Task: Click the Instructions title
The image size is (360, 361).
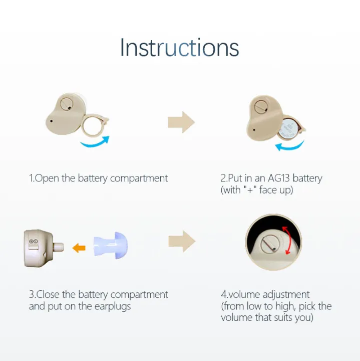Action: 179,48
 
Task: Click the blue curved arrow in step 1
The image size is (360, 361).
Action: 95,142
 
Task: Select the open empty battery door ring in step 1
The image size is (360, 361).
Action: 94,125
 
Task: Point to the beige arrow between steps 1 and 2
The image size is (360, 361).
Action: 181,122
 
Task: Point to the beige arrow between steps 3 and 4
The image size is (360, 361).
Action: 181,241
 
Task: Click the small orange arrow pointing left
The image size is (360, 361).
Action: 79,247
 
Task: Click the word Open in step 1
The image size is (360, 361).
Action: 47,178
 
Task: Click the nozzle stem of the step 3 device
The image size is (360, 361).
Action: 59,247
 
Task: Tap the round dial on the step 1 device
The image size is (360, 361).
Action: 65,104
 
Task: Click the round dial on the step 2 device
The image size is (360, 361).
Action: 259,107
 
